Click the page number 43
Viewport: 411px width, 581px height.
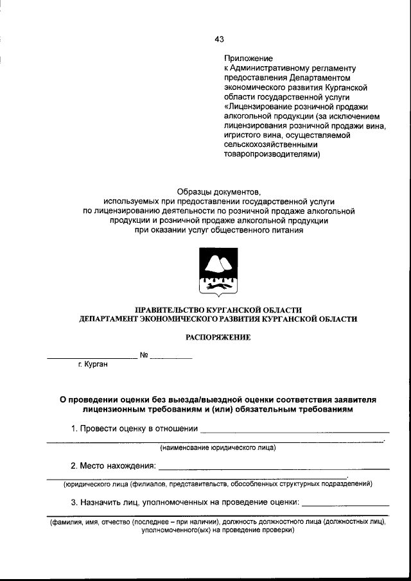tap(219, 39)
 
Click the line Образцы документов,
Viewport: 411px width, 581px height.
tap(219, 191)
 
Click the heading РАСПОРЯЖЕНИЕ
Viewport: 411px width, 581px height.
tap(218, 336)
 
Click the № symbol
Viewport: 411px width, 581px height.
tap(144, 355)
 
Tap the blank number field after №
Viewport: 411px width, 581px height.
tap(171, 357)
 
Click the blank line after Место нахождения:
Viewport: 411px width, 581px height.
tap(273, 468)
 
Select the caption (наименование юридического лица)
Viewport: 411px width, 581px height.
tap(218, 447)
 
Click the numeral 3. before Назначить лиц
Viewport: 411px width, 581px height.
tap(74, 501)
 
